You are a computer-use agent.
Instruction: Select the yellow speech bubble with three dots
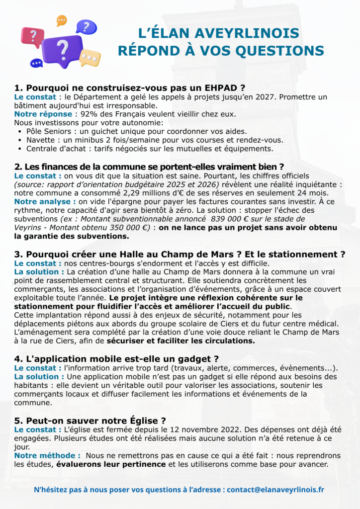point(90,58)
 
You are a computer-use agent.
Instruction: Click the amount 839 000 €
point(225,219)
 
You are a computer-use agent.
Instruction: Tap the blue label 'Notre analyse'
point(45,201)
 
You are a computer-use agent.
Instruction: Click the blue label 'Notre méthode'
point(47,455)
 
